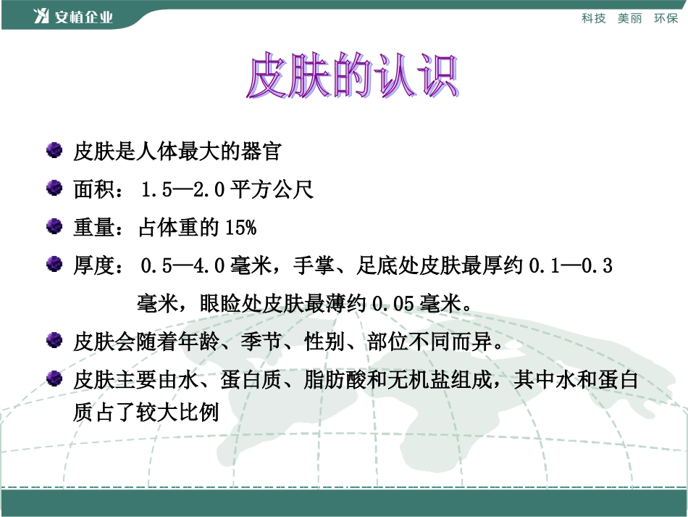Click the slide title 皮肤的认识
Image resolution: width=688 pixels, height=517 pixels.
353,75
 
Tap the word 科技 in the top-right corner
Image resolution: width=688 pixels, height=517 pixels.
593,18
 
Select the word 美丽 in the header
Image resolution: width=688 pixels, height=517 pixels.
629,18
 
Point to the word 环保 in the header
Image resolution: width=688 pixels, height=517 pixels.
666,18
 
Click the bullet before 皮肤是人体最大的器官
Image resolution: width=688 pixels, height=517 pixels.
54,151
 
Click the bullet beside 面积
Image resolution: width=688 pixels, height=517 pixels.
54,189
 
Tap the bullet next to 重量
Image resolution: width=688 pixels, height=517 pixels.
54,227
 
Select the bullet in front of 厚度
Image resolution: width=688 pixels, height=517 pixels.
54,265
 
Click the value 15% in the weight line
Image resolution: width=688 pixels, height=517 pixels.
241,228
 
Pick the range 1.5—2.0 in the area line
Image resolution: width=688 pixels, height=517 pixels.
183,191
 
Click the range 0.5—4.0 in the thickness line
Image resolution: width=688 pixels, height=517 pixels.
183,266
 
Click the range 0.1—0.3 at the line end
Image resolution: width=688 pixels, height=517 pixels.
571,266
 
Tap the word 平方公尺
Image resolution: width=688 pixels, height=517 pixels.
272,191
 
